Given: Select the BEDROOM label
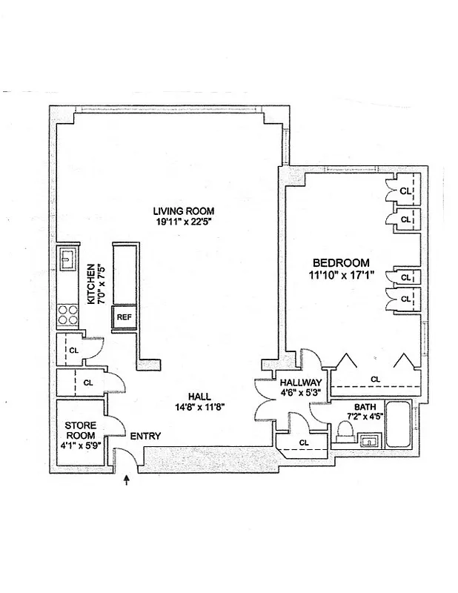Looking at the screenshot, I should pyautogui.click(x=340, y=262).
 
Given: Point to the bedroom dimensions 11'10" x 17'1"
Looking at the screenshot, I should pyautogui.click(x=340, y=274).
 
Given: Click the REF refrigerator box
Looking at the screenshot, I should pyautogui.click(x=123, y=318).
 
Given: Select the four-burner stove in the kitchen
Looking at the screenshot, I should pyautogui.click(x=69, y=315).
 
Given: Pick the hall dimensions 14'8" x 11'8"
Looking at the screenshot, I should pyautogui.click(x=199, y=406).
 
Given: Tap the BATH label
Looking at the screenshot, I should pyautogui.click(x=364, y=407).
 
